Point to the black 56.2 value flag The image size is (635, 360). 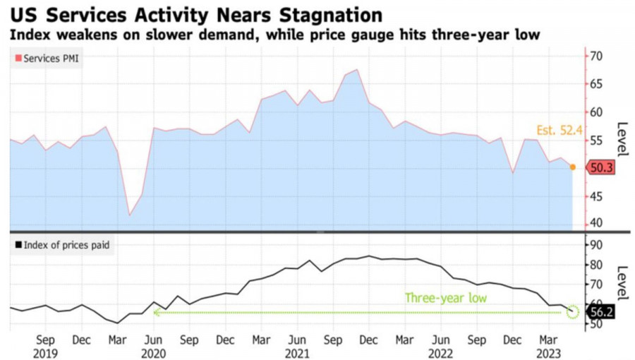pyautogui.click(x=602, y=312)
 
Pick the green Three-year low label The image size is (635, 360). pyautogui.click(x=445, y=298)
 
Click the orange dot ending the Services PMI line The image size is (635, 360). pyautogui.click(x=572, y=167)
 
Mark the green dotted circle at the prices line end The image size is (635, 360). pyautogui.click(x=573, y=312)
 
